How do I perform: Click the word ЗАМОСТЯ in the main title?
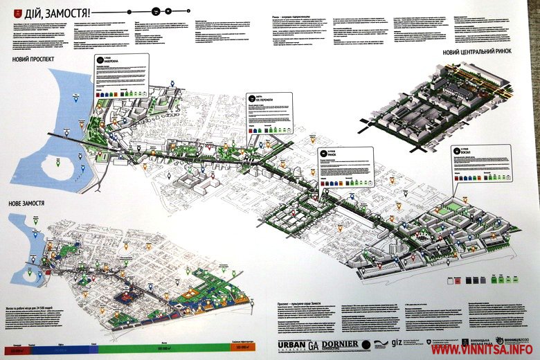[71, 13]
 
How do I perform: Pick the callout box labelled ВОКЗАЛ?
[482, 163]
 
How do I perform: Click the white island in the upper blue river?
[51, 167]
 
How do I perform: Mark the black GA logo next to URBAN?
[313, 344]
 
